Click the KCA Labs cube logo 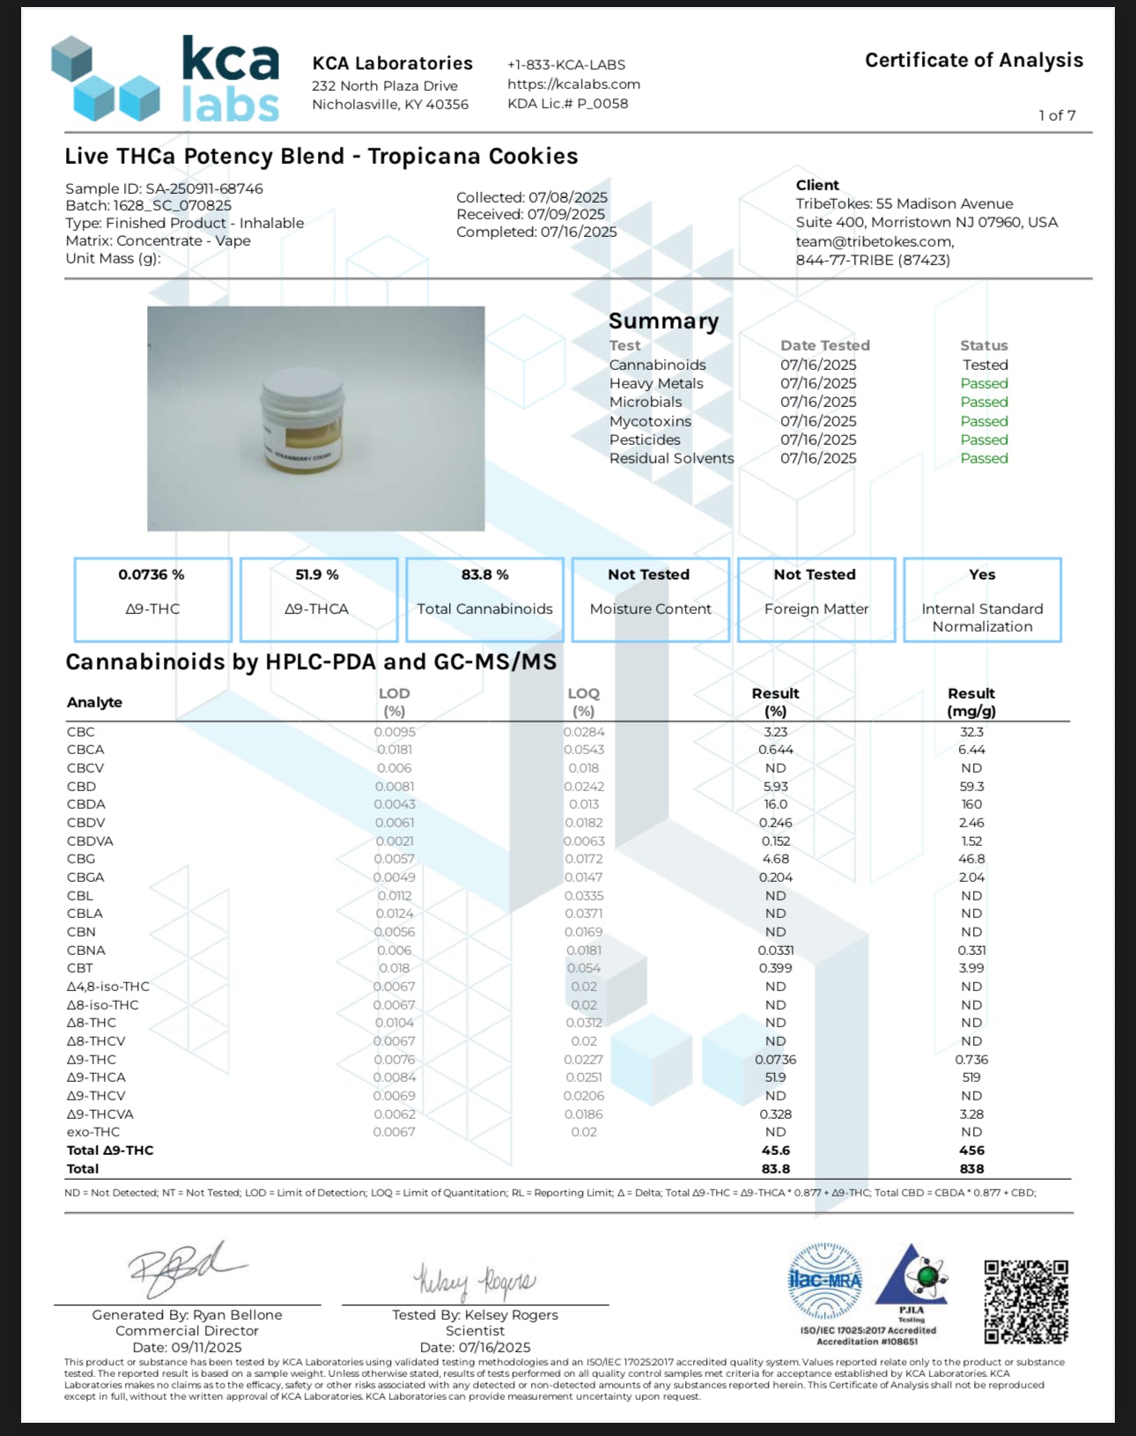(106, 79)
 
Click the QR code (1026, 1301)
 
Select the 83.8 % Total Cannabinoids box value (484, 574)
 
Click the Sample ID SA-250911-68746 (164, 189)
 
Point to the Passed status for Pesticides (984, 440)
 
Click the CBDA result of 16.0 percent (775, 804)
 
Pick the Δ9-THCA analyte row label (96, 1077)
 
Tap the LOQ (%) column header (583, 702)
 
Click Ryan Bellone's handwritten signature (185, 1269)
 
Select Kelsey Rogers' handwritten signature (474, 1281)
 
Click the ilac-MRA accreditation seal (825, 1280)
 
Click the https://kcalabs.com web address (573, 85)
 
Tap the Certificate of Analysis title (973, 60)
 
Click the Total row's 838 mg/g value (971, 1169)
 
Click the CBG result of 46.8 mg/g (971, 859)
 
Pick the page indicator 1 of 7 (1057, 115)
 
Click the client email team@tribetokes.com (874, 241)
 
